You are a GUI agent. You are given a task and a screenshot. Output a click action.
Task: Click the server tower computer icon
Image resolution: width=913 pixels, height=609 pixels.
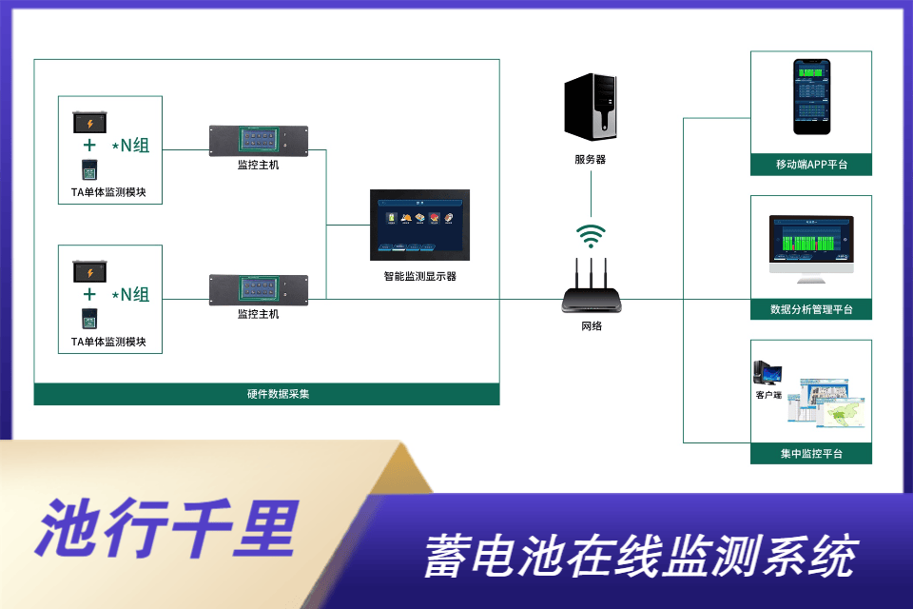point(591,106)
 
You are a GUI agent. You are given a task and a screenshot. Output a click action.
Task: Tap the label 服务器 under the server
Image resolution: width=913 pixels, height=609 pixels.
point(591,160)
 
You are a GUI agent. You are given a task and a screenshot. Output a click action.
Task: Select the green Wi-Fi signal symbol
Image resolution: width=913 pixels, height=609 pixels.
point(592,235)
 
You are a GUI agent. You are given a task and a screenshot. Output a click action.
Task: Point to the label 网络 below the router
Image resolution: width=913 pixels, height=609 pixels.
point(592,326)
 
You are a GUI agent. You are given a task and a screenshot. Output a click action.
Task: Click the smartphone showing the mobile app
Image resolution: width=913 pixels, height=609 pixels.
point(811,99)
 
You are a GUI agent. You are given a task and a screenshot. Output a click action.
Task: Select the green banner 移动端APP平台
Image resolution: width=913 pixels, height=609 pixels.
point(811,166)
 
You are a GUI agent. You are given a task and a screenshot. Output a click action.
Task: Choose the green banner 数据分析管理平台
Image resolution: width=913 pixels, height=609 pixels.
point(811,309)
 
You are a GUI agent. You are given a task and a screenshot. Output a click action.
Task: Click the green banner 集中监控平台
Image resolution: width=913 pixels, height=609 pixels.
point(811,454)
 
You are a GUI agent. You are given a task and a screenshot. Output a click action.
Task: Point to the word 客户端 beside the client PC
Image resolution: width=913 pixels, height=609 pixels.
point(768,394)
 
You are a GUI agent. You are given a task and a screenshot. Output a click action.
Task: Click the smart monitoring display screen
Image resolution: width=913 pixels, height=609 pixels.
point(419,226)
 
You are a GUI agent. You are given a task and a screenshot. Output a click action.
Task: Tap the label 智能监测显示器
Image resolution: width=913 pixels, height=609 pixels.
point(419,277)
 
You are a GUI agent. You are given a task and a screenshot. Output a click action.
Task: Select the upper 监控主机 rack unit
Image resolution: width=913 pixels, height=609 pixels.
point(259,140)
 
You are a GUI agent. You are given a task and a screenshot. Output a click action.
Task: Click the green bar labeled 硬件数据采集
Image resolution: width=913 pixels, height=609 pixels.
point(266,394)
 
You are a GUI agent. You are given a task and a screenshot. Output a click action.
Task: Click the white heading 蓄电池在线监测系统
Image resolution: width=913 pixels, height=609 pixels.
point(639,557)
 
